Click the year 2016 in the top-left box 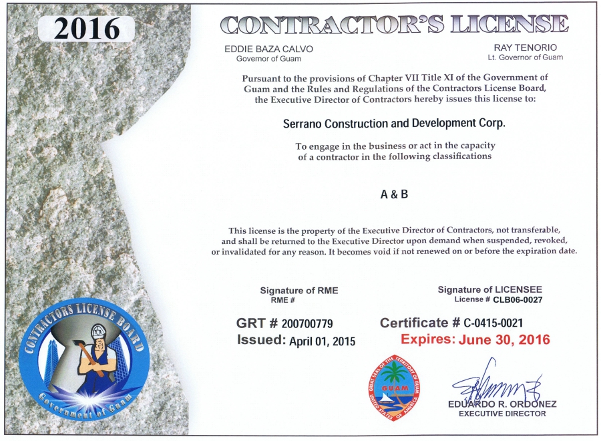coord(87,28)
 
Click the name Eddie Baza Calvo coord(268,49)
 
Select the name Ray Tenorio coord(525,48)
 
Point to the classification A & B coord(394,194)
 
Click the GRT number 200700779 coord(312,324)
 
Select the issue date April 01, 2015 coord(322,341)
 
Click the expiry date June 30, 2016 coord(504,339)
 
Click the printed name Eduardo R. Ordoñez coord(502,404)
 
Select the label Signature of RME coord(299,290)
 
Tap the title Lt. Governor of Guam coord(526,57)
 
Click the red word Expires coord(427,339)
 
